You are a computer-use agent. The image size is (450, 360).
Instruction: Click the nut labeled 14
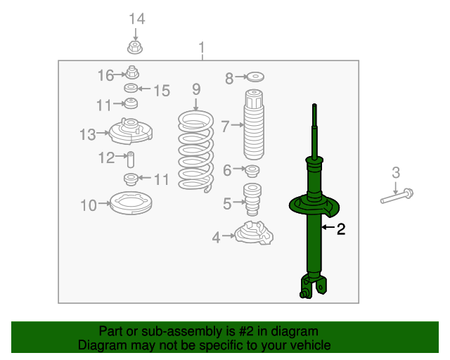click(135, 48)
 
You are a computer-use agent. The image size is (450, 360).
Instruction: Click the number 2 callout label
click(341, 229)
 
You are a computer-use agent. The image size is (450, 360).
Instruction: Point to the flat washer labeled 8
click(255, 77)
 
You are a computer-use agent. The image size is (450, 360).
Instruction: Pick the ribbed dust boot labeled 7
click(254, 124)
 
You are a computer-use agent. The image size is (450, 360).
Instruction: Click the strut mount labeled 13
click(131, 131)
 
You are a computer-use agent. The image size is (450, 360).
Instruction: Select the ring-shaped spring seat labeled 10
click(131, 203)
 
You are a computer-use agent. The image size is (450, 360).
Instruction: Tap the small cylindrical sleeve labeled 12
click(131, 160)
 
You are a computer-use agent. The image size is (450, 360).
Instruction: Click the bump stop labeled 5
click(252, 200)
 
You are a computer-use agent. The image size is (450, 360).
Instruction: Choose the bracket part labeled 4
click(254, 233)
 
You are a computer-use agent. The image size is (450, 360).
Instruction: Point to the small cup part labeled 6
click(252, 171)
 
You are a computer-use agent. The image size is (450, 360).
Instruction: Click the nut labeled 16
click(132, 72)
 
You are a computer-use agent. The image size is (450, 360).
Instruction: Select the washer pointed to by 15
click(131, 88)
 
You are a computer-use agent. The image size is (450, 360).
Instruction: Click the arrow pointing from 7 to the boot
click(237, 125)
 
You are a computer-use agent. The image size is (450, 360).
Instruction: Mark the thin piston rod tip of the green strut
click(314, 105)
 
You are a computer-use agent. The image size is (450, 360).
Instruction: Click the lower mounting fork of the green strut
click(313, 286)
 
